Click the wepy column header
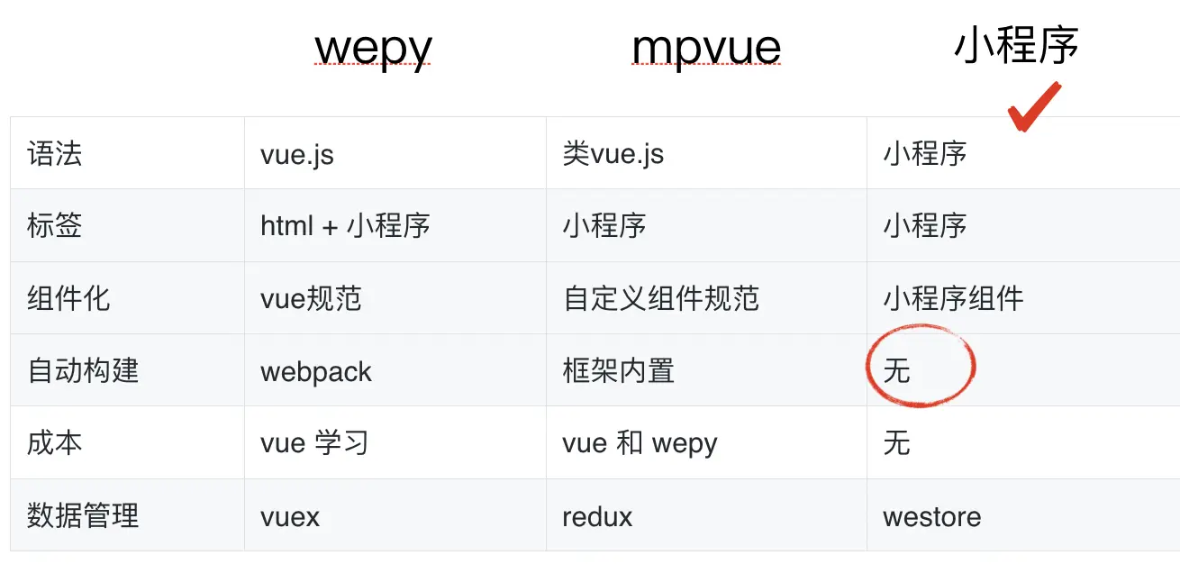pyautogui.click(x=373, y=49)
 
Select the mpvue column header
pyautogui.click(x=706, y=49)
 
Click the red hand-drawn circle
pyautogui.click(x=921, y=368)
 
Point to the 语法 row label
pyautogui.click(x=55, y=153)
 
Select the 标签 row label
pyautogui.click(x=55, y=225)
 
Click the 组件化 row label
pyautogui.click(x=68, y=298)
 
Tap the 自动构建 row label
pyautogui.click(x=83, y=370)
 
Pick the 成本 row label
pyautogui.click(x=55, y=443)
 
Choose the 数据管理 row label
pyautogui.click(x=83, y=516)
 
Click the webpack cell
pyautogui.click(x=316, y=371)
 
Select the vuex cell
pyautogui.click(x=290, y=517)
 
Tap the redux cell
pyautogui.click(x=597, y=517)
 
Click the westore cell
pyautogui.click(x=931, y=517)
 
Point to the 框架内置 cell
pyautogui.click(x=618, y=370)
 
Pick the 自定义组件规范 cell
pyautogui.click(x=661, y=298)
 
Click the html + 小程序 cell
pyautogui.click(x=345, y=225)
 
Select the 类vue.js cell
pyautogui.click(x=613, y=154)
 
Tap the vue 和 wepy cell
pyautogui.click(x=640, y=443)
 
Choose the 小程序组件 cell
pyautogui.click(x=953, y=298)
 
